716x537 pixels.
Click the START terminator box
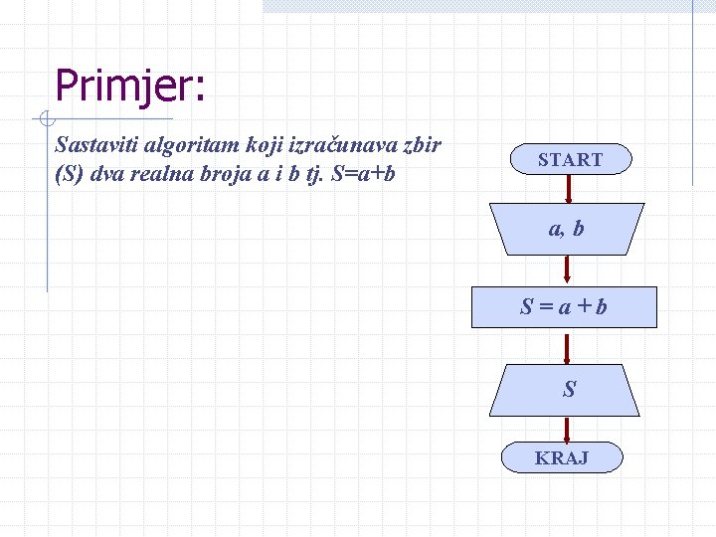point(570,159)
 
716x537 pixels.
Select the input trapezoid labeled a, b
point(567,229)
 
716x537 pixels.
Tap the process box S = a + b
point(564,307)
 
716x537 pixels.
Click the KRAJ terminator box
point(562,457)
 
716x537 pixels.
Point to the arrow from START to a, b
point(569,189)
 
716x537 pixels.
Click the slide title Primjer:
point(130,86)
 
